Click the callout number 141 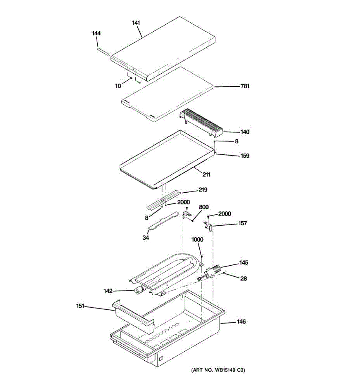pos(136,23)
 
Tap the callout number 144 pos(96,33)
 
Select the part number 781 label pos(245,86)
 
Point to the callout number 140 pos(245,132)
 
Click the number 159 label pos(245,156)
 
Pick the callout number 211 pos(206,175)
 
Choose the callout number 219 pos(203,190)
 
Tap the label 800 pos(204,207)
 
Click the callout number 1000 pos(197,240)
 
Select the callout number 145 pos(244,263)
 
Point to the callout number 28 pos(244,279)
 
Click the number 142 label pos(108,291)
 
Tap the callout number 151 pos(80,306)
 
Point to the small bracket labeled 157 pos(208,226)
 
